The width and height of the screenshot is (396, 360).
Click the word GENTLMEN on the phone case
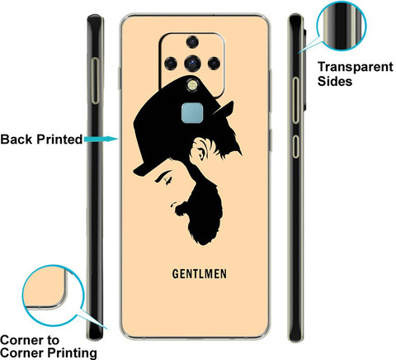click(200, 274)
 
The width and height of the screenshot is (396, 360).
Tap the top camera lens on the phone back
click(192, 42)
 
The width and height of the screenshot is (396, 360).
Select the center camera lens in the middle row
click(192, 64)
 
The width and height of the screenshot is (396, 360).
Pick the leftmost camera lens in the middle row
click(171, 64)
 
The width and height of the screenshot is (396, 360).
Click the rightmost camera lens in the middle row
click(214, 64)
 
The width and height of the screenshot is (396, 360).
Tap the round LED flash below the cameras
click(191, 85)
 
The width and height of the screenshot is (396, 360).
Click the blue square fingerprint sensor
click(192, 113)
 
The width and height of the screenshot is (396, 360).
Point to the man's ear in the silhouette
click(200, 149)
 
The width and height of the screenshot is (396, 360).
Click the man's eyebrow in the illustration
click(163, 175)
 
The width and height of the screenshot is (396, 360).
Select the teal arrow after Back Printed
click(101, 139)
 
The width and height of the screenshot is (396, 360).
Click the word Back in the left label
click(16, 140)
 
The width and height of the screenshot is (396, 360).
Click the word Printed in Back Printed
click(59, 140)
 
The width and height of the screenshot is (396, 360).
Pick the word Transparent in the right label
click(356, 67)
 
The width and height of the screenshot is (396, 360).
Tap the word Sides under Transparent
click(335, 82)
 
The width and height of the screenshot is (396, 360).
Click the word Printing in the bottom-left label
click(72, 353)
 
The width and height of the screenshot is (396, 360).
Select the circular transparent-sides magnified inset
click(342, 26)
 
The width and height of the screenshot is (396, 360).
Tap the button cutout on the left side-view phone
click(96, 81)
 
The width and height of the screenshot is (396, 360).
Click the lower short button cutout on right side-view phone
click(295, 146)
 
